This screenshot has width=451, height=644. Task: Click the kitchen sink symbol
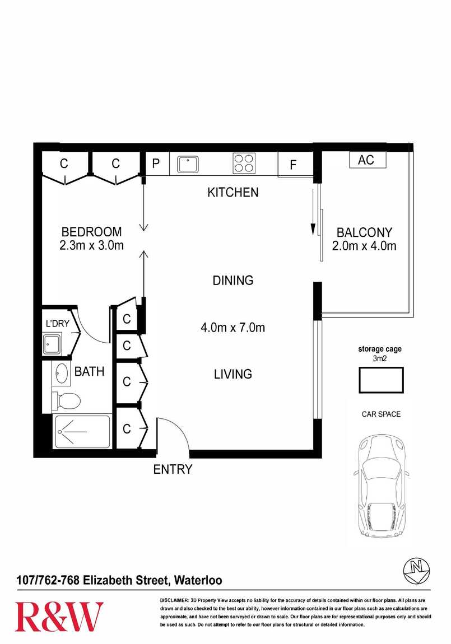click(x=188, y=164)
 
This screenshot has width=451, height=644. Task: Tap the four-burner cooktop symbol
click(x=244, y=163)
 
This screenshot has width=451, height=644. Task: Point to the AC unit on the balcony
click(x=368, y=160)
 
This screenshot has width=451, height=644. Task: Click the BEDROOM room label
click(x=91, y=232)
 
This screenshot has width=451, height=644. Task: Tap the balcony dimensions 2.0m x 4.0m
click(x=364, y=246)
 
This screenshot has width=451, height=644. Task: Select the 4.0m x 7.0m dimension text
click(x=233, y=328)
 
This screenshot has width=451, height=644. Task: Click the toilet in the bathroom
click(x=66, y=400)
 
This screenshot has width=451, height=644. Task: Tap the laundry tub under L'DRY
click(x=52, y=344)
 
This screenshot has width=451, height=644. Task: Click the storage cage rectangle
click(x=381, y=380)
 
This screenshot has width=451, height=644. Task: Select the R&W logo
click(x=59, y=617)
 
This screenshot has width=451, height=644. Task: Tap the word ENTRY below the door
click(x=173, y=469)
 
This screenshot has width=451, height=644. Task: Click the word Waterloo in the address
click(x=198, y=580)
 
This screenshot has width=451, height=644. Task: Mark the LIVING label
click(x=233, y=374)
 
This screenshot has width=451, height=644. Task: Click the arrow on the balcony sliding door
click(x=313, y=212)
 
